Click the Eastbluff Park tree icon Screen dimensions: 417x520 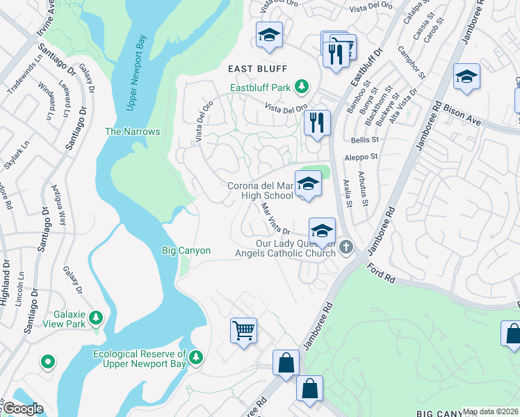pos(302,87)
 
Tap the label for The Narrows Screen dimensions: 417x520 pos(132,131)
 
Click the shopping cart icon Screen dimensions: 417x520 pos(243,330)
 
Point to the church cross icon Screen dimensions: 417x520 pos(347,247)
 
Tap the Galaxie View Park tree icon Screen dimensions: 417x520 pos(95,318)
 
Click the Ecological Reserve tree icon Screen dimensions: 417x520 pos(197,357)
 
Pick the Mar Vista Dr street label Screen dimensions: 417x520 pos(275,218)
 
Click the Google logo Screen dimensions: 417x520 pos(23,409)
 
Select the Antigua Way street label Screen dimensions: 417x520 pos(58,204)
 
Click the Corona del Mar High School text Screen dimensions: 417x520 pos(261,190)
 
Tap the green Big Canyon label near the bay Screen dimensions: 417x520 pos(186,250)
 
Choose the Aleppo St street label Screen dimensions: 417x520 pos(361,158)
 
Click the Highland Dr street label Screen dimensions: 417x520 pos(6,282)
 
